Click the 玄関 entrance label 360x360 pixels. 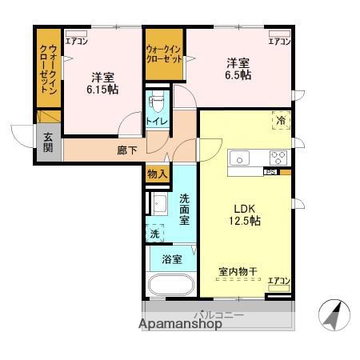[x=48, y=142]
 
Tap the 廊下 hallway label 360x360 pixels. [x=127, y=149]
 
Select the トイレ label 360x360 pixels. [x=156, y=121]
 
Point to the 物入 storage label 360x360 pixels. [x=157, y=174]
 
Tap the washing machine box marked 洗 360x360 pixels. [x=155, y=234]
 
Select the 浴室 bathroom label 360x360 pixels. [x=171, y=259]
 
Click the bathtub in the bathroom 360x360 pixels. [x=170, y=284]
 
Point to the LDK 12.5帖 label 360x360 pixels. [x=244, y=214]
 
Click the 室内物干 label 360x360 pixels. [x=238, y=272]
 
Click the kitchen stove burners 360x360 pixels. [x=278, y=157]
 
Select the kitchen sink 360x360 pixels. [x=241, y=158]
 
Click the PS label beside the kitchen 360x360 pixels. [x=270, y=171]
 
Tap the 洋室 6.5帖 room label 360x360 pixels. [x=238, y=69]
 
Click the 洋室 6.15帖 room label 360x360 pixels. [x=102, y=83]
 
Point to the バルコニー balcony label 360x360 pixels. [x=218, y=314]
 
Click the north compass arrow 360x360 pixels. [x=332, y=314]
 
